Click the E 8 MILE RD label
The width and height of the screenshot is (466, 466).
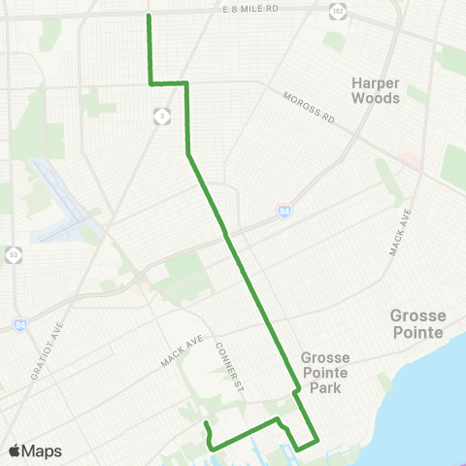click(250, 8)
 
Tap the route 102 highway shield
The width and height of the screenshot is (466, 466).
click(337, 11)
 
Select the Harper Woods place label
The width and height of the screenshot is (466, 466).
click(376, 90)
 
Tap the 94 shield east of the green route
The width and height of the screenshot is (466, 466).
click(283, 211)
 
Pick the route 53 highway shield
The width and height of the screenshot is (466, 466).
click(13, 255)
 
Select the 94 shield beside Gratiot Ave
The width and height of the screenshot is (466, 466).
click(20, 323)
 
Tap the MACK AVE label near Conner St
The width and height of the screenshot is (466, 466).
click(185, 351)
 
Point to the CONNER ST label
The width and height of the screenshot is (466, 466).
click(228, 370)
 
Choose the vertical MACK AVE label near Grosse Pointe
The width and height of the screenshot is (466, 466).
click(396, 233)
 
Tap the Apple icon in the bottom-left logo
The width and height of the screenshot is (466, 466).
click(15, 450)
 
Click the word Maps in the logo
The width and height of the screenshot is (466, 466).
click(43, 450)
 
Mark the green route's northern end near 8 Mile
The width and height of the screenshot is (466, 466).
click(148, 16)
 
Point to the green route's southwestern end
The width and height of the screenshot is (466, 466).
click(206, 425)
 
